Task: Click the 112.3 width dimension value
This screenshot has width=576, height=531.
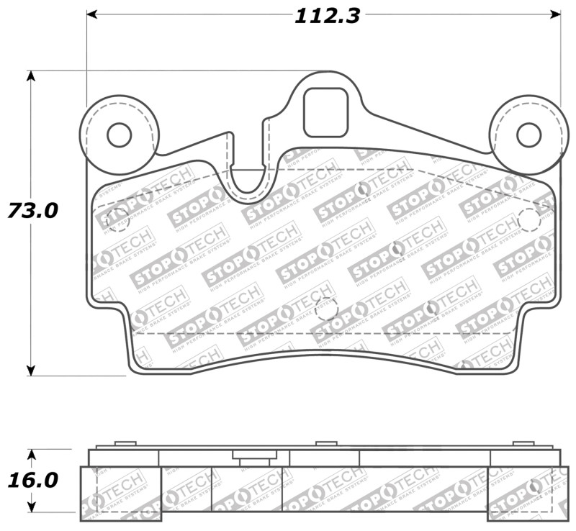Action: point(326,15)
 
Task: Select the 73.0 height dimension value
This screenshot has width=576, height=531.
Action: point(32,211)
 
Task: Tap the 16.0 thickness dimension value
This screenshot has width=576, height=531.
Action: point(32,480)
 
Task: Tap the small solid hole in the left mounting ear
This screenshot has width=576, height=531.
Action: point(119,135)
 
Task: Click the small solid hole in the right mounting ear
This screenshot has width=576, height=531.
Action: point(528,135)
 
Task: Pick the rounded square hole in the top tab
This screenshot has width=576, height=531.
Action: point(325,112)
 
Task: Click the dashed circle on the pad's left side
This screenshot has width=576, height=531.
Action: point(117,219)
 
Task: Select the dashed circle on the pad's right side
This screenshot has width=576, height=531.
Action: point(529,219)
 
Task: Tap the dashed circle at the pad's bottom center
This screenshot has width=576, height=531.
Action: point(326,308)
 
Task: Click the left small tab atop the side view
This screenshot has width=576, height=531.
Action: point(125,443)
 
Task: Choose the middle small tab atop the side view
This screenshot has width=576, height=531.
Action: point(326,443)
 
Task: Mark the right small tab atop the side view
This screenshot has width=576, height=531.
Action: point(523,443)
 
